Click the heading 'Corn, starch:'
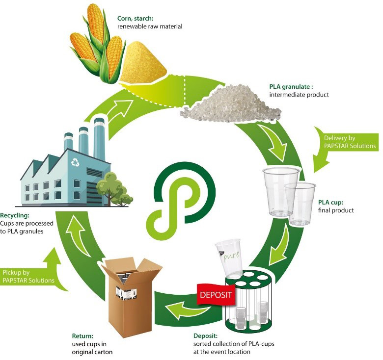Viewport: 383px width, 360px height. point(136,18)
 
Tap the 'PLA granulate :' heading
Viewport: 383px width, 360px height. point(291,87)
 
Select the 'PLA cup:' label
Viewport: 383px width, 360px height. point(330,202)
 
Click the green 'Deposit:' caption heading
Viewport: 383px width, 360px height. point(205,336)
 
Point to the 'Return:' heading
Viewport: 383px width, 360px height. point(82,336)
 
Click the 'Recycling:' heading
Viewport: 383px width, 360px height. point(15,215)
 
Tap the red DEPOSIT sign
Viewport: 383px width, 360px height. point(216,295)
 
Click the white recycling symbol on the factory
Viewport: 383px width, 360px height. point(75,162)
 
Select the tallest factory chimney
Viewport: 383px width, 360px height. point(99,139)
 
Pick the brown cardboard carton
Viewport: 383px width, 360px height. point(132,296)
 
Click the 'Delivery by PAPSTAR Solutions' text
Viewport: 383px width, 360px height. point(350,142)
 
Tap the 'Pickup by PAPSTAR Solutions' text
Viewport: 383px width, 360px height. point(28,276)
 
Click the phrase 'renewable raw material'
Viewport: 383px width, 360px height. point(150,26)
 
